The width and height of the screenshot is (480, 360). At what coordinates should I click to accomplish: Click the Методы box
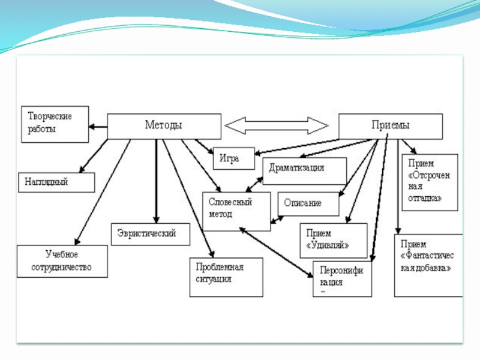tap(163, 126)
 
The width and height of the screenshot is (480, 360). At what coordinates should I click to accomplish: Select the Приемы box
tap(391, 126)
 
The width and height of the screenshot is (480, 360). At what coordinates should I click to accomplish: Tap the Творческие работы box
tap(55, 124)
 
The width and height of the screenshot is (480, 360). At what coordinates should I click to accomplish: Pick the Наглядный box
tap(59, 182)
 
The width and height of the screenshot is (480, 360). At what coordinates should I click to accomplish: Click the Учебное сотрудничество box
tap(62, 261)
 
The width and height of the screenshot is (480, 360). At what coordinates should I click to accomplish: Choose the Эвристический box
tap(151, 233)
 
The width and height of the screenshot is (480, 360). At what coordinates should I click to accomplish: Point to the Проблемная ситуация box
tap(226, 277)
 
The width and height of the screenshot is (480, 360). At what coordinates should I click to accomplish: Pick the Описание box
tap(308, 203)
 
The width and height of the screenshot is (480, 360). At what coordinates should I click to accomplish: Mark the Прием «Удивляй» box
tap(333, 240)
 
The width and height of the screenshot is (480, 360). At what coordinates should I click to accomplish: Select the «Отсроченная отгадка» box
tap(429, 182)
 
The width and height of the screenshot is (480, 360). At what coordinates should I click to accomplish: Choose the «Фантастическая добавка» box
tap(428, 265)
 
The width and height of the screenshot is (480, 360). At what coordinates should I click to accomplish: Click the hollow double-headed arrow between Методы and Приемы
tap(277, 125)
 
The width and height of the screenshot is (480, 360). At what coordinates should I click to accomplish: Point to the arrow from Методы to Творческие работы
tap(98, 127)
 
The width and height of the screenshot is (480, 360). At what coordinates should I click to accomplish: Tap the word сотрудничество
tap(62, 267)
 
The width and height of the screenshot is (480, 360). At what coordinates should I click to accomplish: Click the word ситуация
tap(213, 279)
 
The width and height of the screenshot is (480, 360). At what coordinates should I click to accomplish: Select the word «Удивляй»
tap(328, 245)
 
